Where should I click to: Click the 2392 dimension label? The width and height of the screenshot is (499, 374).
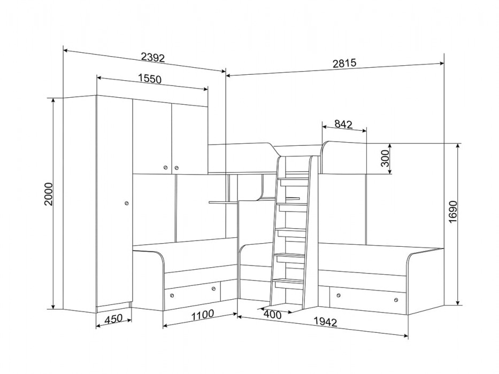[x=153, y=57]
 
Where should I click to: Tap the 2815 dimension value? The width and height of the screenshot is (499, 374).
[x=344, y=63]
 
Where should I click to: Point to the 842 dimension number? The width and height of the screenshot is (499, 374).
[x=344, y=124]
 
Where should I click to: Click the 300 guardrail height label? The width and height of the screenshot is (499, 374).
[x=385, y=158]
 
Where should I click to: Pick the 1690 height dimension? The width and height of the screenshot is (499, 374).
[x=452, y=212]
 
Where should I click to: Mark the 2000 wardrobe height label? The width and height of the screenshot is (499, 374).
[x=48, y=194]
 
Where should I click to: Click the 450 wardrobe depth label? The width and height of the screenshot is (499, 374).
[x=113, y=318]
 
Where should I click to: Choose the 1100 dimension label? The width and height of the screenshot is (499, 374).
[x=202, y=315]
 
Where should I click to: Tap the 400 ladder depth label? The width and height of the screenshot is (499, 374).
[x=273, y=315]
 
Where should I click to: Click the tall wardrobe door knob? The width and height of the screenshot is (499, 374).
[x=126, y=202]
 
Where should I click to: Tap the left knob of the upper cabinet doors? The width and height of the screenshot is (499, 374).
[x=165, y=167]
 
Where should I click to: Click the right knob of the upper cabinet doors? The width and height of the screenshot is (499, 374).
[x=176, y=167]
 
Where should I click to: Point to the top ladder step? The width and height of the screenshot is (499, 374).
[x=294, y=180]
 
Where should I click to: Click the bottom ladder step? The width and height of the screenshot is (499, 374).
[x=289, y=281]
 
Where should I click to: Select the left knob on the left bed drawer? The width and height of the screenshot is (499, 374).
[x=172, y=296]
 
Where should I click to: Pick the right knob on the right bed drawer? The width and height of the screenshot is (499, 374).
[x=396, y=300]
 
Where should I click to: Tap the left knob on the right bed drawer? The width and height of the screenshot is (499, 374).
[x=338, y=295]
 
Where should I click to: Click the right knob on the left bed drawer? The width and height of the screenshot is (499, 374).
[x=213, y=289]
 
